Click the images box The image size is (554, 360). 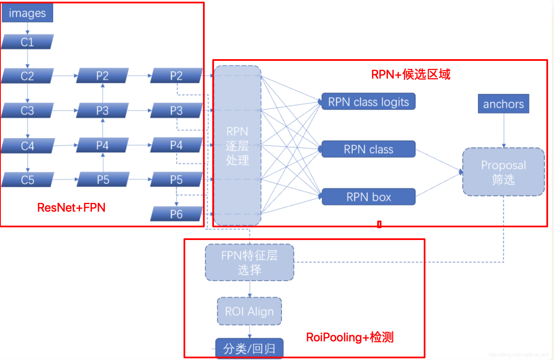(27, 14)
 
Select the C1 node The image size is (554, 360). (27, 42)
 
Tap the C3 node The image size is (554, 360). (27, 111)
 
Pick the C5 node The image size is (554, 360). (27, 180)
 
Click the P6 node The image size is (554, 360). (176, 214)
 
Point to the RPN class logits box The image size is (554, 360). (368, 102)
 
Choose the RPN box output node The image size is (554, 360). (368, 197)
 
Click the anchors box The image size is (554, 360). (503, 104)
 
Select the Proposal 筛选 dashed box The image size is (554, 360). (503, 172)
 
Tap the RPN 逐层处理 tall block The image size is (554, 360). (237, 145)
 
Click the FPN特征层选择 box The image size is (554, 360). (250, 262)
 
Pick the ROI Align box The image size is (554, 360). (249, 311)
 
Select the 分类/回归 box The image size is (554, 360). (249, 349)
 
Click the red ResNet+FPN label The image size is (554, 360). (71, 207)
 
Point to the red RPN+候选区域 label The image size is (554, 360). (411, 74)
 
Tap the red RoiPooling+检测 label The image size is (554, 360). (350, 337)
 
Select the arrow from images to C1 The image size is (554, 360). (27, 28)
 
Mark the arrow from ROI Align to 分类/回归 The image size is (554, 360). (249, 332)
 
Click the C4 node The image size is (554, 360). (27, 146)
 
